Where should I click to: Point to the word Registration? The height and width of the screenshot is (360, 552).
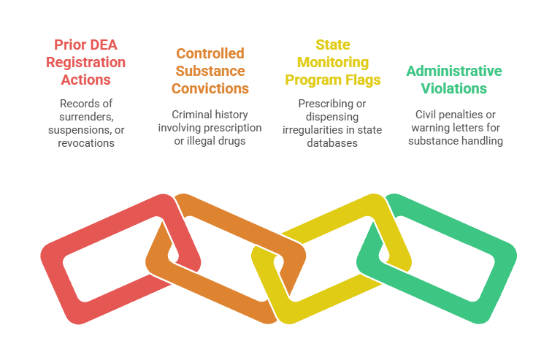[x=85, y=62]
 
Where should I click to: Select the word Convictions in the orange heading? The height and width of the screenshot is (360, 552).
[x=210, y=89]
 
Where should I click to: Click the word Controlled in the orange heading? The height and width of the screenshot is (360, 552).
[x=210, y=53]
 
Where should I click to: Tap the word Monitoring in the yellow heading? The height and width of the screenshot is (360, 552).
[x=332, y=62]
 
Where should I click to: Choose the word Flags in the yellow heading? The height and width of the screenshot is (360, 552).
[x=365, y=80]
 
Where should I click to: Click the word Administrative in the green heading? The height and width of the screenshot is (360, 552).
[x=454, y=71]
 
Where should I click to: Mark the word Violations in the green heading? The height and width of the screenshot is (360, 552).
[x=454, y=89]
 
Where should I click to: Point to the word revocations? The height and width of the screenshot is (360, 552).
[x=85, y=144]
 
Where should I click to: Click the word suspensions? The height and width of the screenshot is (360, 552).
[x=74, y=130]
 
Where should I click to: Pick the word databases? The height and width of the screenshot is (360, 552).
[x=332, y=144]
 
